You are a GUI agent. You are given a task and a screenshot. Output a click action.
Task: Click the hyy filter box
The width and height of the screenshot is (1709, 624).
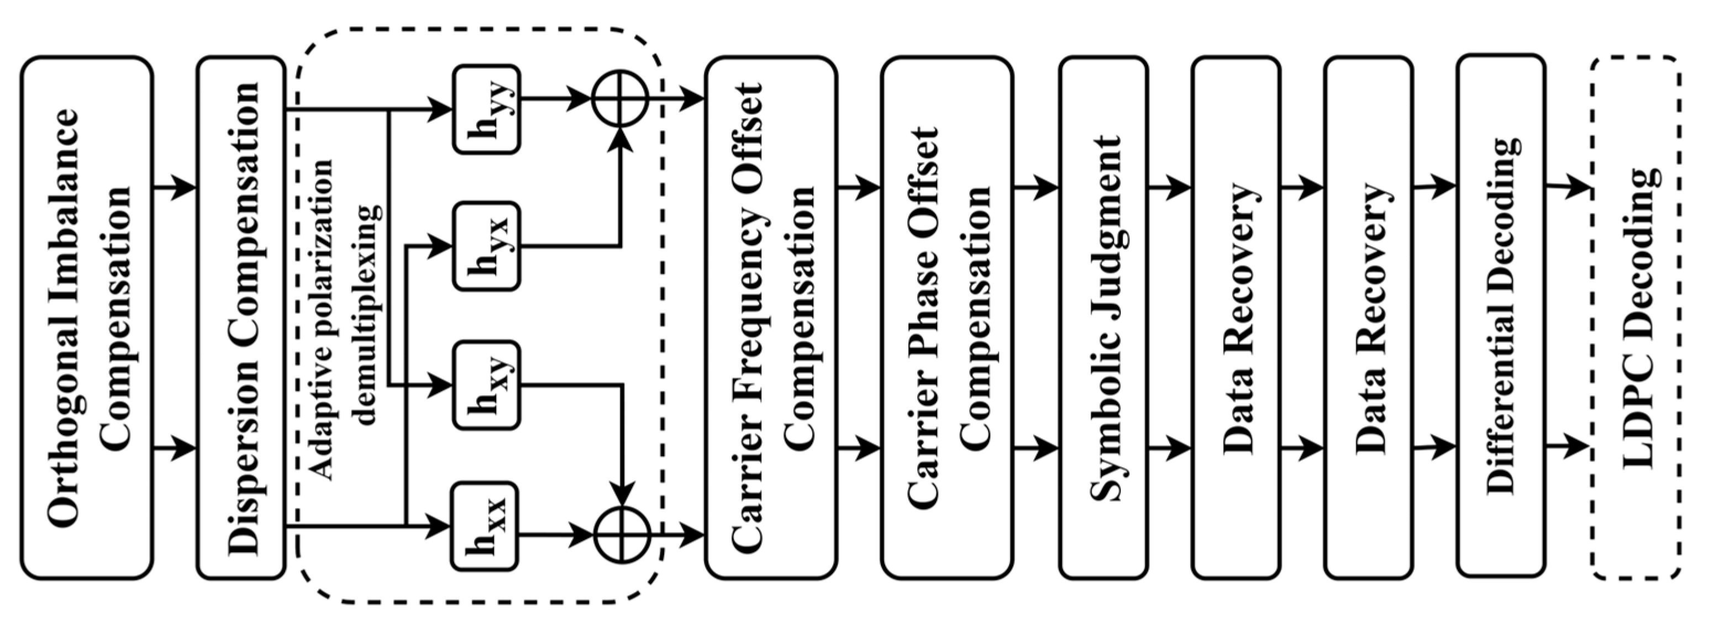click(x=486, y=109)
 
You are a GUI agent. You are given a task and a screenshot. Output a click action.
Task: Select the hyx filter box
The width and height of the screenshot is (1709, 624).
click(x=486, y=246)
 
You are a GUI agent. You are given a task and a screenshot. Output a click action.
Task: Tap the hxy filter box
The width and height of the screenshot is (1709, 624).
click(x=486, y=384)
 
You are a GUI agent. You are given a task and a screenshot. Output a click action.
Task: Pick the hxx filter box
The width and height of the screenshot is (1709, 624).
click(x=485, y=526)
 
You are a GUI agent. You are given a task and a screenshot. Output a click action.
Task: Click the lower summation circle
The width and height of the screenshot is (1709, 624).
click(x=621, y=535)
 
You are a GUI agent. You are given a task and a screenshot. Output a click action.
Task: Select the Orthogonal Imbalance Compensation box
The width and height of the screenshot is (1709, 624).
click(x=87, y=318)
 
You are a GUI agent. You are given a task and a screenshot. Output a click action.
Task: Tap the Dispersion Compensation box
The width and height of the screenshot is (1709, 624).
click(x=241, y=318)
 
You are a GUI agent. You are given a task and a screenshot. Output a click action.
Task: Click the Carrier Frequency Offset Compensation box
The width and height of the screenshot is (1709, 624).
click(x=770, y=318)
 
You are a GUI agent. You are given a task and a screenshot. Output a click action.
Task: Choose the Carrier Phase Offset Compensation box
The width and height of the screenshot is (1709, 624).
click(x=946, y=318)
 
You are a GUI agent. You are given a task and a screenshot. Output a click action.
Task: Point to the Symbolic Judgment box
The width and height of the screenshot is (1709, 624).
click(x=1103, y=318)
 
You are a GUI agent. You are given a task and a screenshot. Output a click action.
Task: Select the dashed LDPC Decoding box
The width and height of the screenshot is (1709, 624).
click(x=1635, y=318)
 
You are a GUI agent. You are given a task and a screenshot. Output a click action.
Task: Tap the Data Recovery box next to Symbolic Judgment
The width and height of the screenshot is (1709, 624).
click(x=1235, y=318)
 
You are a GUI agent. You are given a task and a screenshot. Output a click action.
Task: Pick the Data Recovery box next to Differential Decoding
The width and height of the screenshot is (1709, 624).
click(x=1368, y=318)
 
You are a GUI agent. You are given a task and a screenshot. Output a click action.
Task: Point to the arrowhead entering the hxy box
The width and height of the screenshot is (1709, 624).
click(x=440, y=384)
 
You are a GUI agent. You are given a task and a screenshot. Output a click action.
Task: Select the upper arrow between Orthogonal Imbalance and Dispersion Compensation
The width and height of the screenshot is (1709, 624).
click(x=175, y=188)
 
